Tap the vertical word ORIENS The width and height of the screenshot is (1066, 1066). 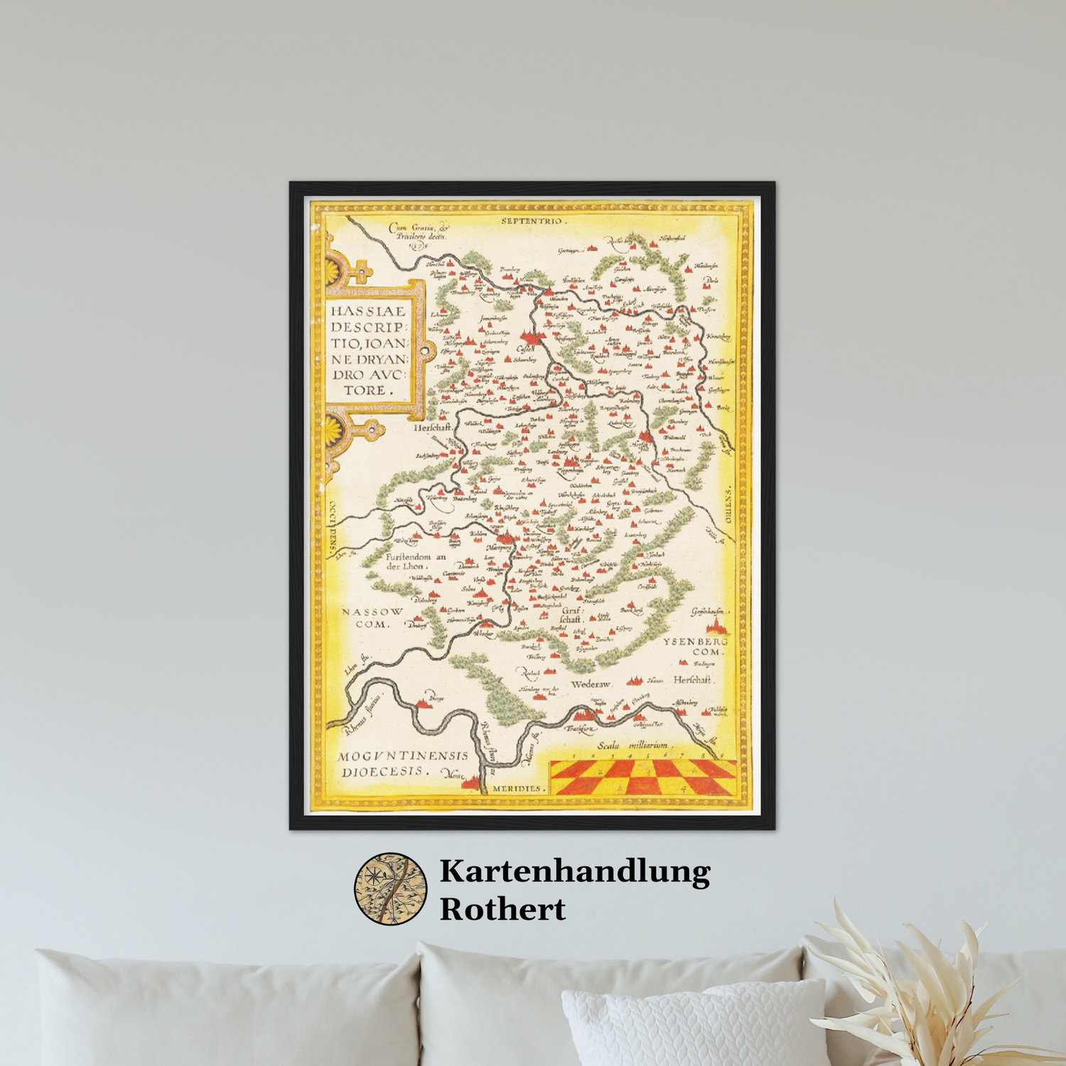727,504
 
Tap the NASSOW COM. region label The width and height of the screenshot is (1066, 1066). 372,618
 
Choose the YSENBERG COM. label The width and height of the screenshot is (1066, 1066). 696,646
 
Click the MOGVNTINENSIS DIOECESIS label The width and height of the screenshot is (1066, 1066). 402,763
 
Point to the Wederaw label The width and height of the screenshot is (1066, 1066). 591,684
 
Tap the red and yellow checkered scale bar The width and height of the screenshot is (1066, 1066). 643,777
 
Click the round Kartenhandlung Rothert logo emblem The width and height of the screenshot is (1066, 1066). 391,889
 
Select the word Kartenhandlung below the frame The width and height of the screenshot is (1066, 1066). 574,871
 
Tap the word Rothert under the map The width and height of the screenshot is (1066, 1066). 502,909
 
